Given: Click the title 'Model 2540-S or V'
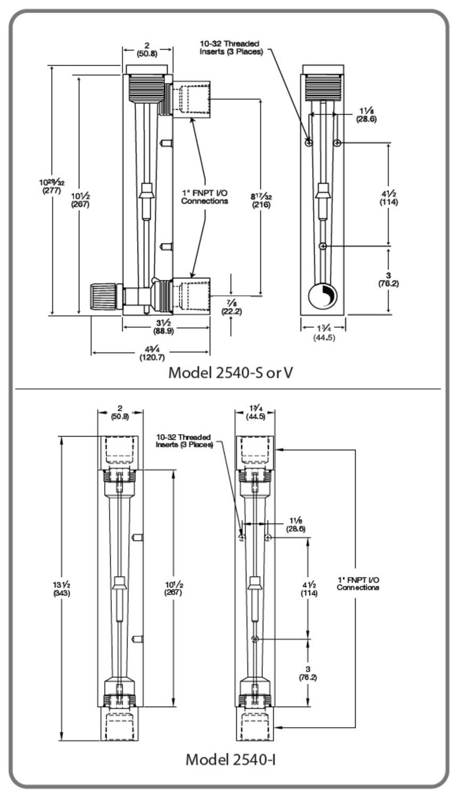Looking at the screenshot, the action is (x=230, y=373).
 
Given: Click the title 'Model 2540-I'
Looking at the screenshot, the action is (x=230, y=760).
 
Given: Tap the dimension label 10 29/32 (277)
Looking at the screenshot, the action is (x=52, y=187).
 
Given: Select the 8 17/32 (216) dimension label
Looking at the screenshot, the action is (x=261, y=201).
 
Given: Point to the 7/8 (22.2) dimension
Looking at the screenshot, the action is (x=232, y=307).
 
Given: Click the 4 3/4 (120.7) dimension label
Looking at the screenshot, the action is (x=152, y=353).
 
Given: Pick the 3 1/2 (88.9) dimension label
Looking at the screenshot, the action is (x=163, y=327).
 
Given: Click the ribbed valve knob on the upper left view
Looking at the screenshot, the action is (x=103, y=296).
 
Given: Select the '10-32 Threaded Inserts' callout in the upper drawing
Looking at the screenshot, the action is (x=230, y=48).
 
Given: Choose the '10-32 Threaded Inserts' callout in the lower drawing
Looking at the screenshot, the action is (x=184, y=440).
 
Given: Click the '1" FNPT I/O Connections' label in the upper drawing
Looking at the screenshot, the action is (x=204, y=197).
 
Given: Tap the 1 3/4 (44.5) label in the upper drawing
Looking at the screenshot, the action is (x=324, y=333).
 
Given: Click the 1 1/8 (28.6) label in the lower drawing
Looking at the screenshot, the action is (x=296, y=525).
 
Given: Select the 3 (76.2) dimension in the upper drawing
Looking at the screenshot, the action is (x=389, y=280).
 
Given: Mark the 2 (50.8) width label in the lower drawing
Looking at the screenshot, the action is (x=120, y=412).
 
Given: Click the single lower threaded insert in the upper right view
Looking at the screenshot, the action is (x=323, y=246).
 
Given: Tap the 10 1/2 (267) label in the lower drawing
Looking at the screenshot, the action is (x=174, y=588).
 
